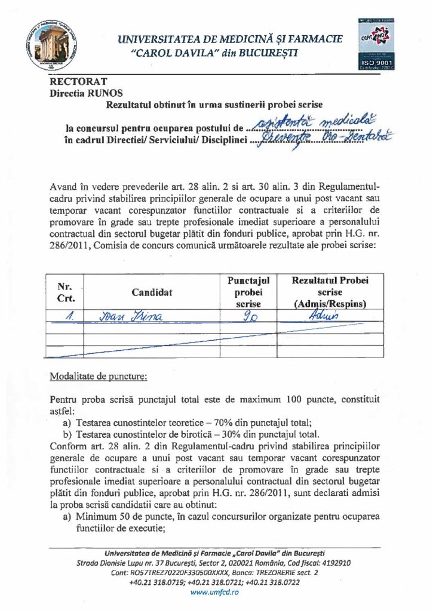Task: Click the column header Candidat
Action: (152, 292)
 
